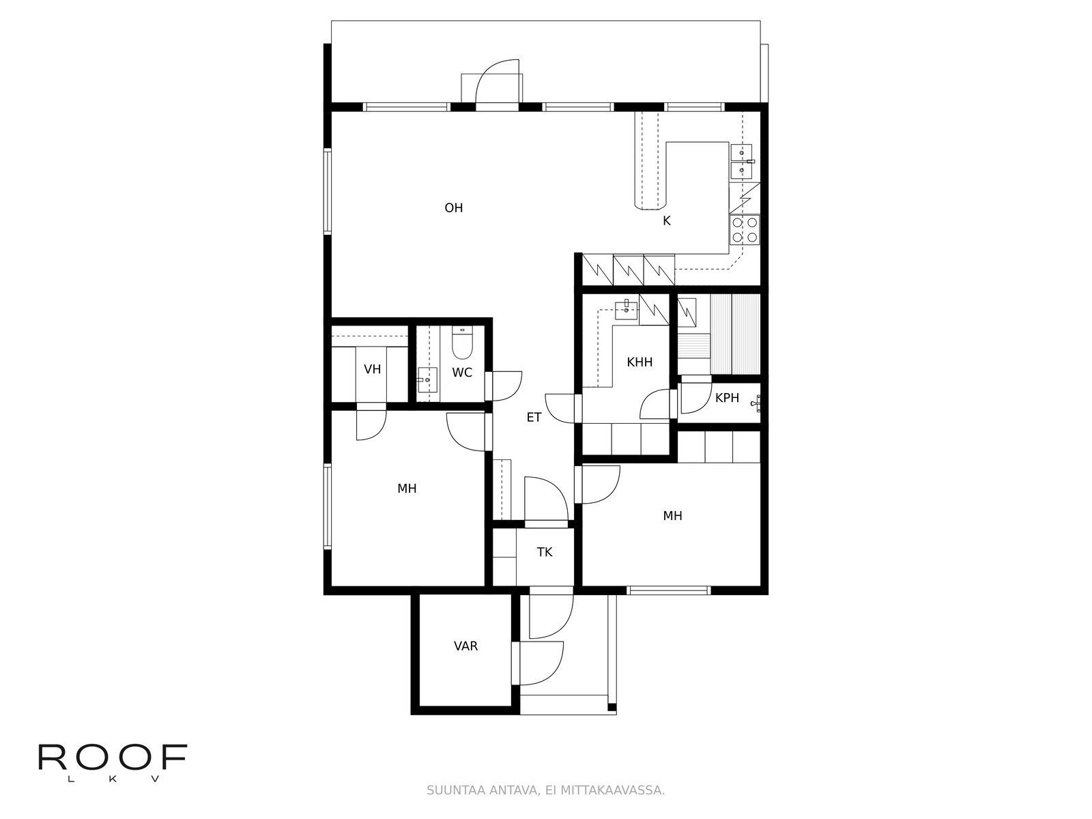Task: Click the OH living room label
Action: coord(453,208)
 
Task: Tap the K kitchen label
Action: coord(667,220)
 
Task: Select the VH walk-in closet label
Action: coord(372,369)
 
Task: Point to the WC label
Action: coord(461,373)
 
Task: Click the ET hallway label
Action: coord(534,417)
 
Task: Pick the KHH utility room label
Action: coord(640,362)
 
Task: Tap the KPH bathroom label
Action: coord(727,398)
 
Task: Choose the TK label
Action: coord(545,552)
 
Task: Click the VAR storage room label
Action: coord(465,646)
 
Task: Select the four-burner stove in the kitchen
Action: coord(744,230)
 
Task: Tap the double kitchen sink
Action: coord(741,161)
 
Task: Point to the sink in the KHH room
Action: coord(627,311)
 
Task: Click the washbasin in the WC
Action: coord(427,380)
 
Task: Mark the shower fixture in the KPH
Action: coord(757,403)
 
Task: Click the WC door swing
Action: coord(504,386)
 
